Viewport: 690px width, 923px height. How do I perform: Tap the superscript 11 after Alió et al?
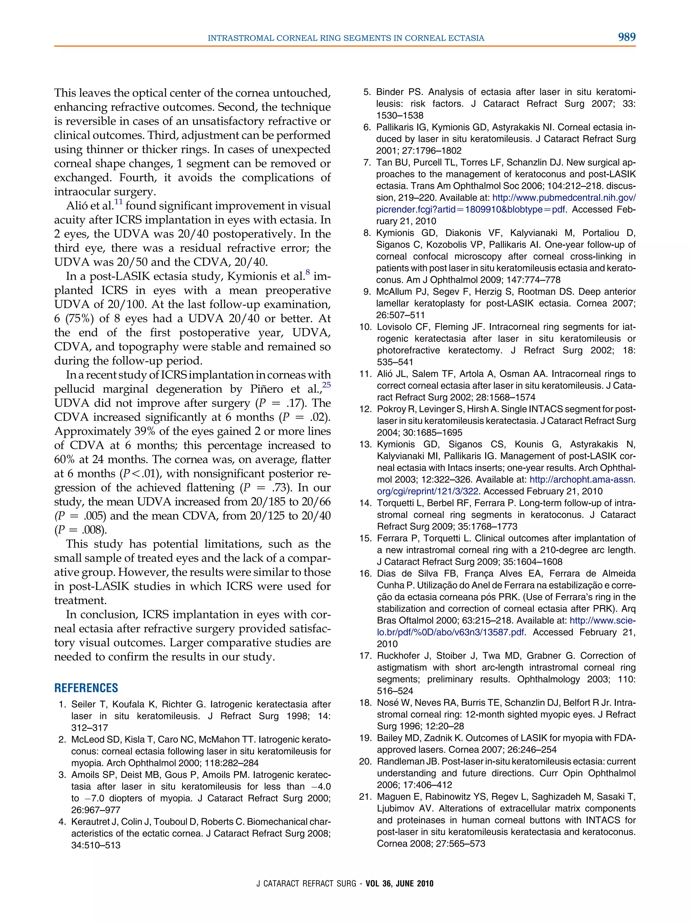pos(119,202)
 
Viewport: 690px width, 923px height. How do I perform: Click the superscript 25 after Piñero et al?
pos(326,385)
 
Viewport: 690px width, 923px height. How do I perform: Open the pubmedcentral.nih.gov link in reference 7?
pos(564,198)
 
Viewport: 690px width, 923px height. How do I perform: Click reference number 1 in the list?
pos(62,705)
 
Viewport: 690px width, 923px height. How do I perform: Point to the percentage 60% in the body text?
pos(65,459)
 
